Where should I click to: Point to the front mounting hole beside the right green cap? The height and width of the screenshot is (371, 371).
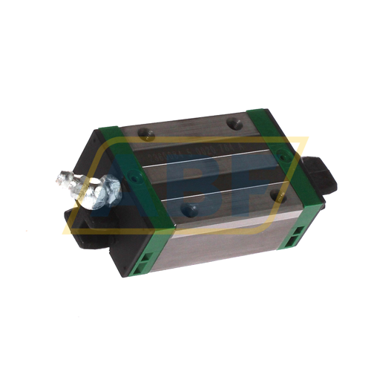pos(278,196)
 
